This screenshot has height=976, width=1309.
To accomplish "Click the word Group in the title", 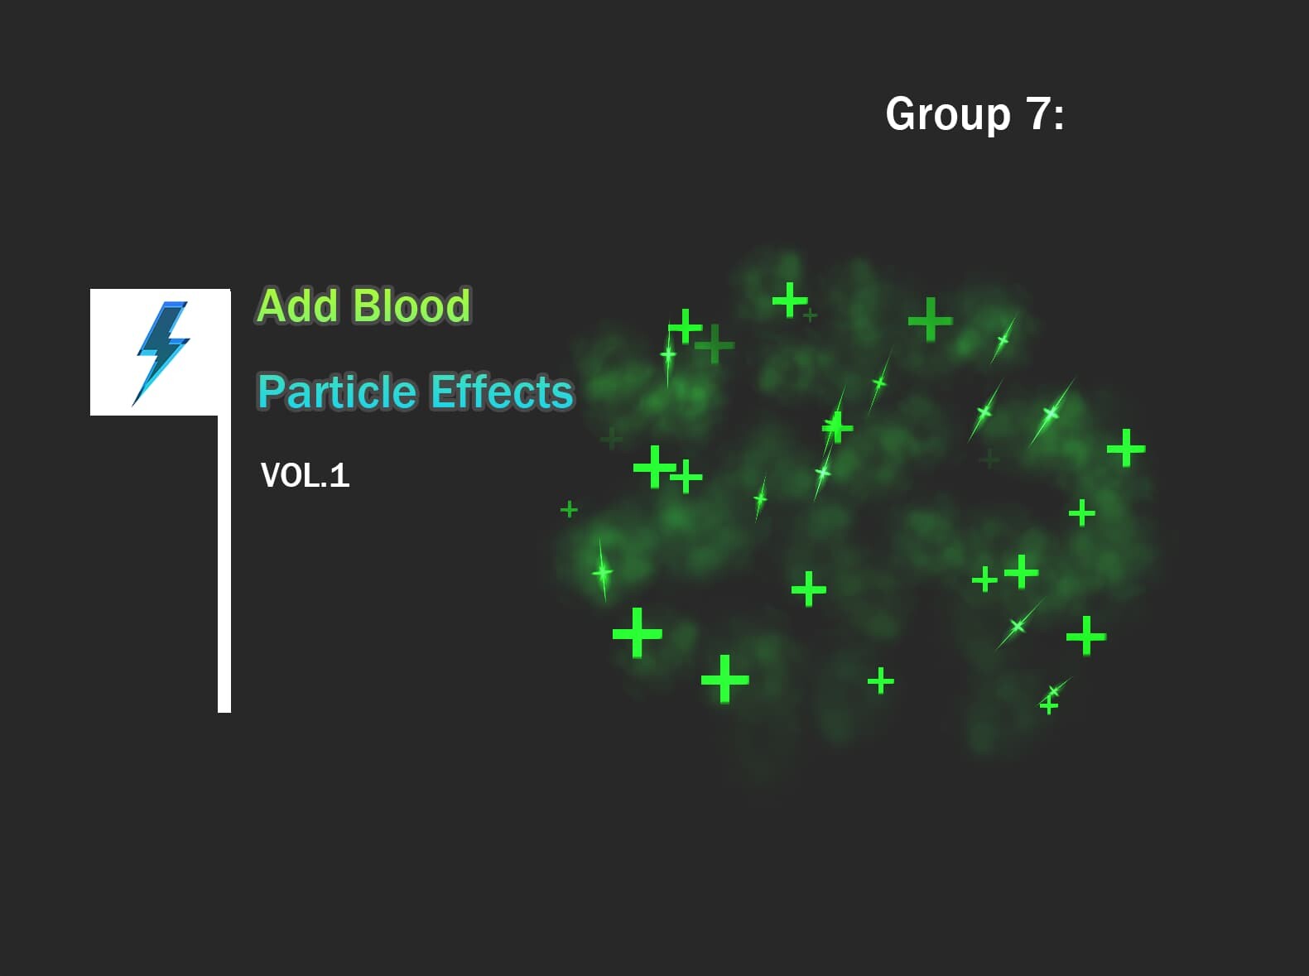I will [948, 113].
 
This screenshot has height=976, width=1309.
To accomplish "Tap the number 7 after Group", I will [1039, 113].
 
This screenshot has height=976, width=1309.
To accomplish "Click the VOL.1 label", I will [305, 475].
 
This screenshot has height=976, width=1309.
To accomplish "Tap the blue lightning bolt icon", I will [161, 352].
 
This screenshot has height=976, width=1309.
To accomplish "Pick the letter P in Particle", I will [271, 392].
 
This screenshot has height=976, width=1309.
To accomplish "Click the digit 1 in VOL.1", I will [339, 475].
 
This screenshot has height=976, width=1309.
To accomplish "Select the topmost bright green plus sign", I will [790, 299].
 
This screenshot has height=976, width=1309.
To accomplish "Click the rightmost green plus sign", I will [1126, 448].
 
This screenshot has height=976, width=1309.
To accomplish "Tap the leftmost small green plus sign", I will [569, 509].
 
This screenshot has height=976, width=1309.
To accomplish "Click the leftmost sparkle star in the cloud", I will [603, 572].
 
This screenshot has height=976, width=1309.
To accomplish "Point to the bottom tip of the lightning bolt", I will [134, 405].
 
